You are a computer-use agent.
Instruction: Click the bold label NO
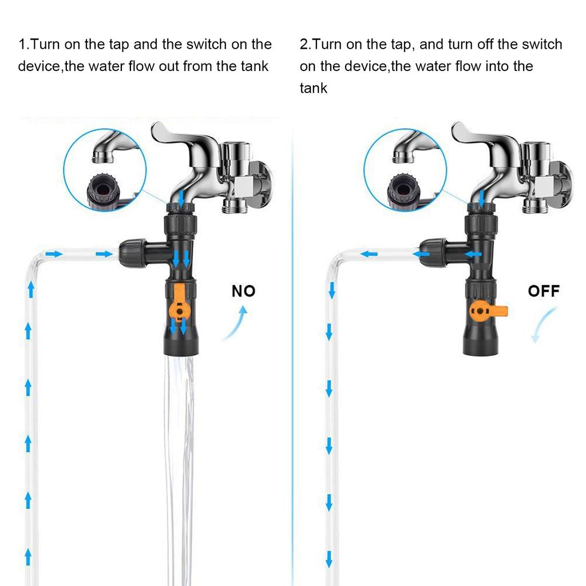243,291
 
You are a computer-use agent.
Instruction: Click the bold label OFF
544,291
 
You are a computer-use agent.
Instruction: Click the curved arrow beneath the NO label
236,323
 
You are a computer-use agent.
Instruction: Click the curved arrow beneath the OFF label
543,324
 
